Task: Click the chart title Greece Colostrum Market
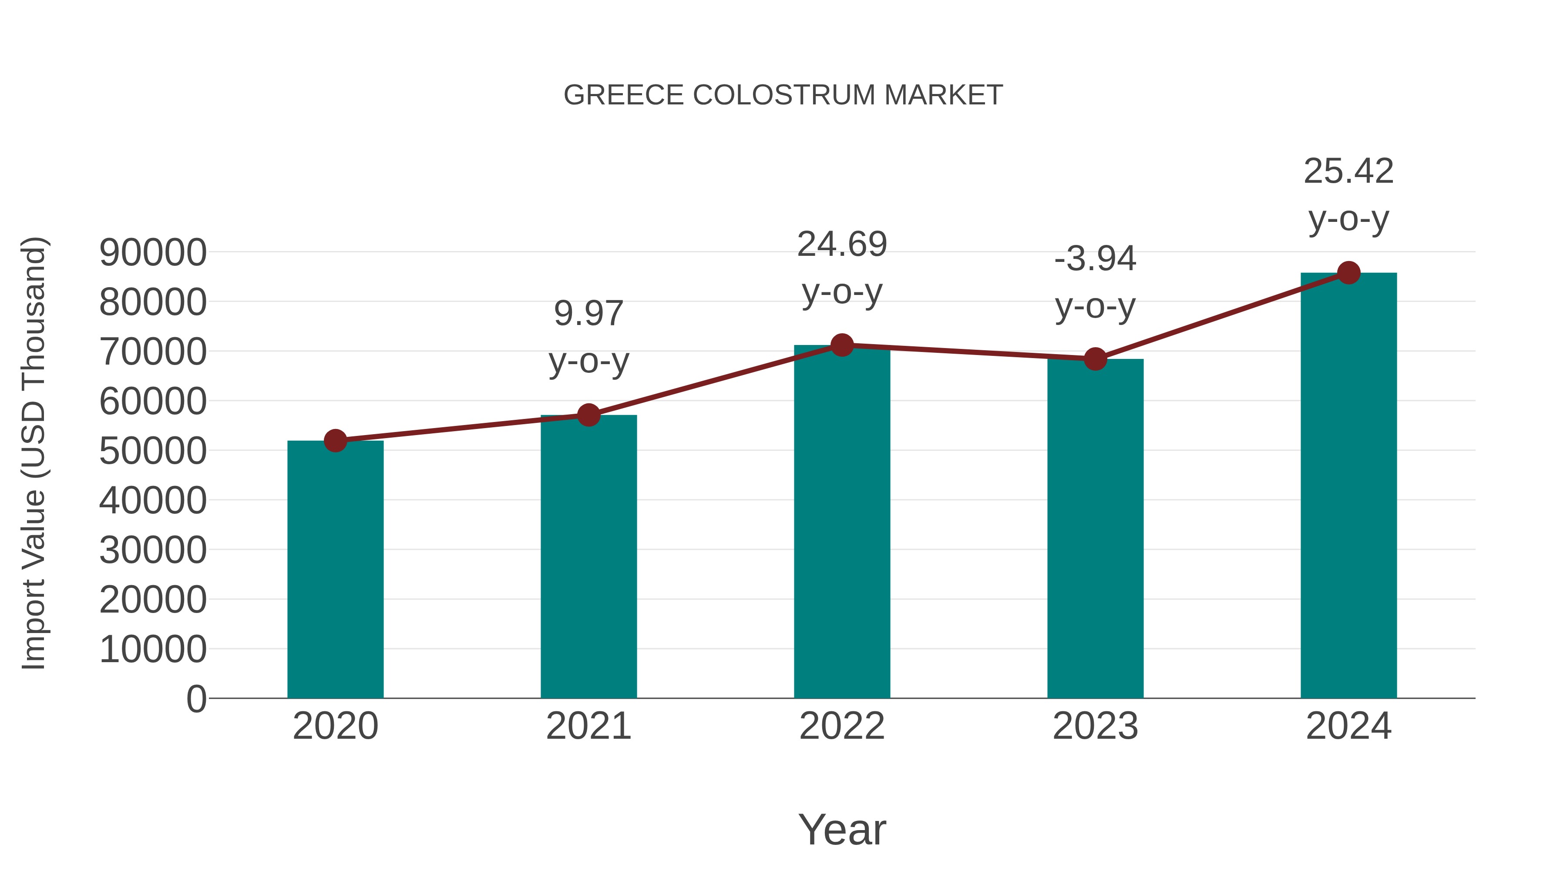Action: coord(783,95)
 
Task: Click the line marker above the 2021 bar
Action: coord(588,415)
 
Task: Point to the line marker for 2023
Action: coord(1095,359)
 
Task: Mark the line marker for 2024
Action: coord(1348,273)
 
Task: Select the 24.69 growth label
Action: coord(842,268)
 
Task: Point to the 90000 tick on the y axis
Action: coord(153,252)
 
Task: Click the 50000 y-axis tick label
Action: coord(153,451)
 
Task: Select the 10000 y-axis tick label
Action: coord(153,650)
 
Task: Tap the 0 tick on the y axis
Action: coord(196,699)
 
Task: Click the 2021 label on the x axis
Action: coord(588,726)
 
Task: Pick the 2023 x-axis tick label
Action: coord(1095,726)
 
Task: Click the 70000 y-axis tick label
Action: coord(153,352)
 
